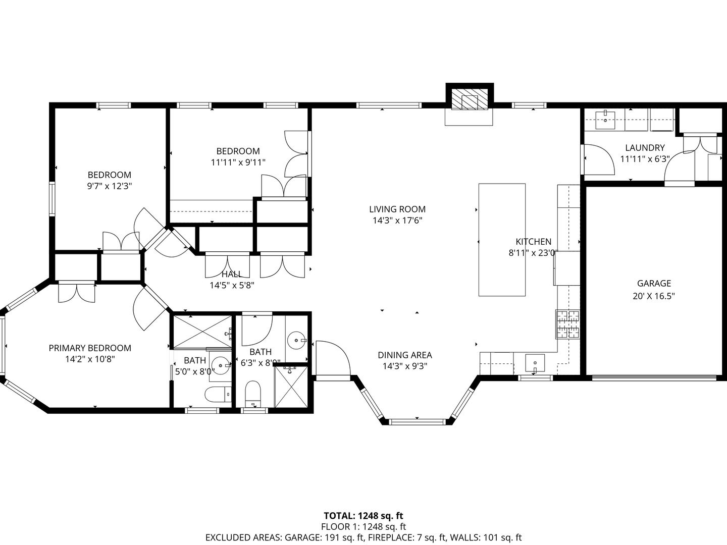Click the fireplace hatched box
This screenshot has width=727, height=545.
tap(470, 98)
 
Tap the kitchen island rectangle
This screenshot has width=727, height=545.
tap(502, 240)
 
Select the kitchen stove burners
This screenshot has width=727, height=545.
tap(567, 324)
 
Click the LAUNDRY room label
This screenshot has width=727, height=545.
tap(645, 147)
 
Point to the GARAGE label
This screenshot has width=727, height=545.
tap(654, 283)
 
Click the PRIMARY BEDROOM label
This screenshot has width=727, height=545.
tap(90, 348)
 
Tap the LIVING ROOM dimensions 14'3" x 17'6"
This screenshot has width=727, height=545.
tap(397, 221)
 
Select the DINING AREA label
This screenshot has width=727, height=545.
tap(405, 355)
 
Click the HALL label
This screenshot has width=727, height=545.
tap(232, 274)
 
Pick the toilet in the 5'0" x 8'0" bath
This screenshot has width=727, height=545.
tap(218, 394)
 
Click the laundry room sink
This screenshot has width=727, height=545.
tap(605, 120)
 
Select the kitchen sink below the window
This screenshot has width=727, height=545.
tap(535, 363)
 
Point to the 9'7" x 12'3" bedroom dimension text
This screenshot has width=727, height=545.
tap(109, 186)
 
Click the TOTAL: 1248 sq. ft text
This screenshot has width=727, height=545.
tap(363, 516)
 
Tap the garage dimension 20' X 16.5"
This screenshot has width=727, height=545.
tap(654, 296)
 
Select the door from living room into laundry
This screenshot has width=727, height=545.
tap(598, 159)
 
